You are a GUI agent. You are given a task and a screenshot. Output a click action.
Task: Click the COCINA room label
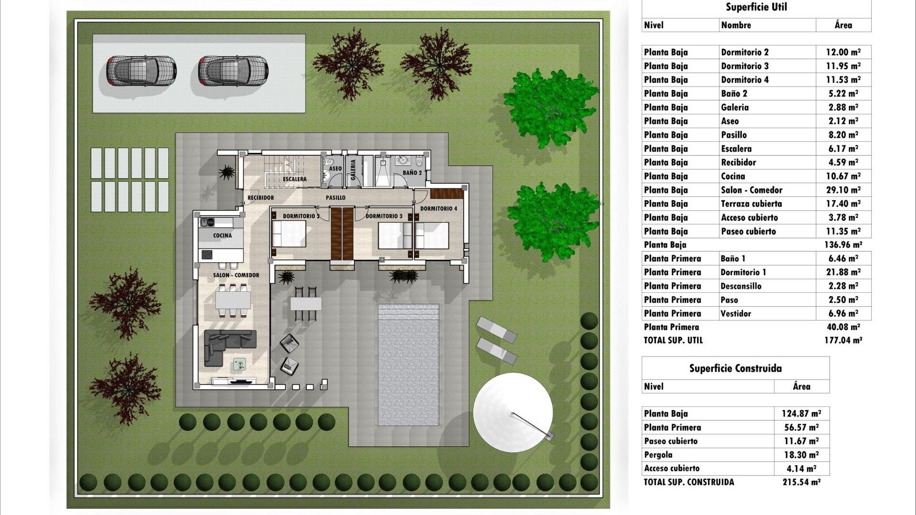tap(222, 236)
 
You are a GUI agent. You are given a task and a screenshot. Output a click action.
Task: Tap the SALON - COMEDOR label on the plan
tap(236, 275)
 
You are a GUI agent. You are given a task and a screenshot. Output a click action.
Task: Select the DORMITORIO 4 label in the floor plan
tap(438, 209)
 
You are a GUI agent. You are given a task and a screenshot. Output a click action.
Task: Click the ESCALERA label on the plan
tap(294, 179)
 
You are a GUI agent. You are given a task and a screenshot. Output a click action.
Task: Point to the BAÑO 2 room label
tap(412, 173)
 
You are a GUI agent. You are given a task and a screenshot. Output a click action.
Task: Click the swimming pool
tap(408, 365)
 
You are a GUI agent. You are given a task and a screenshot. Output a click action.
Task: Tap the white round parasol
tap(513, 412)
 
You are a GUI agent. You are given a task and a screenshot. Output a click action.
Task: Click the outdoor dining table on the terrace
tap(305, 304)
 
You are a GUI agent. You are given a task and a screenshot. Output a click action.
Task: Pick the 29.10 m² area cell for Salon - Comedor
tap(843, 190)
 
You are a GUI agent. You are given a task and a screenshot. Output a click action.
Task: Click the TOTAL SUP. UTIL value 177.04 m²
tap(843, 340)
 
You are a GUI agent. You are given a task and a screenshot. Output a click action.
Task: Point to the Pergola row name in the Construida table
tap(658, 455)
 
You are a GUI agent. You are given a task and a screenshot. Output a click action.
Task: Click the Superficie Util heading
tap(756, 7)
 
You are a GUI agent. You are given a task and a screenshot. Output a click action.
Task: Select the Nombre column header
tap(736, 25)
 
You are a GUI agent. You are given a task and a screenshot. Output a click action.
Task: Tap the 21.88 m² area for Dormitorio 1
tap(843, 272)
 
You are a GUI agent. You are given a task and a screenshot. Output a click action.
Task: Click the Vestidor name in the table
tap(736, 314)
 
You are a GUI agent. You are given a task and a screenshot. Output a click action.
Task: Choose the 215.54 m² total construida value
tap(801, 482)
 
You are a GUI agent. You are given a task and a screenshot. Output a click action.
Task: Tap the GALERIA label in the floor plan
tap(354, 170)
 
